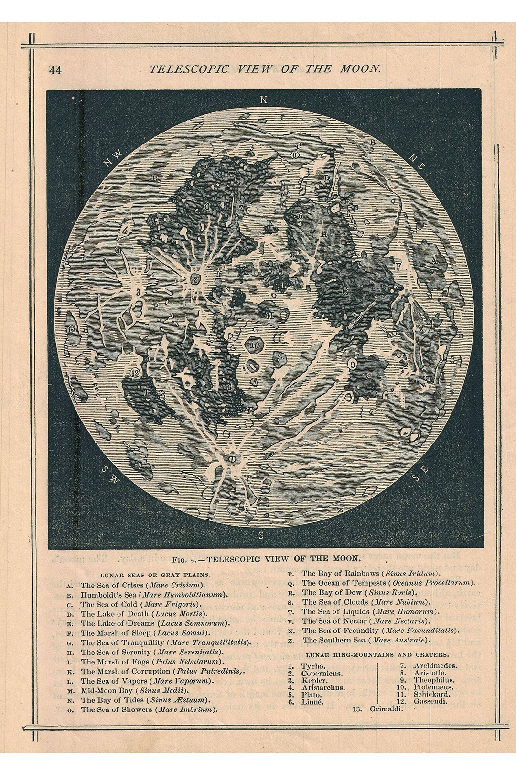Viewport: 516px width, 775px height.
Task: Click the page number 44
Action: click(x=55, y=70)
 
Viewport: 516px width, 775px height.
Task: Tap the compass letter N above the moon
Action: click(x=262, y=100)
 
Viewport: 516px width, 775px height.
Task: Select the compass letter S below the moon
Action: click(x=261, y=534)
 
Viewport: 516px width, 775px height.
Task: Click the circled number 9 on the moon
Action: click(x=353, y=365)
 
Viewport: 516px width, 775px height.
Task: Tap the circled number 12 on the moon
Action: click(x=135, y=372)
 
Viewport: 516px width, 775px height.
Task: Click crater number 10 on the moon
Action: click(x=255, y=344)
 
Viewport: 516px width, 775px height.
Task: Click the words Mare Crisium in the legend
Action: click(x=176, y=585)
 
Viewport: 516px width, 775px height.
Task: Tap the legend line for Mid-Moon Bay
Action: click(x=135, y=690)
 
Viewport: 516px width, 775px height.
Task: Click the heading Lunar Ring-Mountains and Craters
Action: click(x=377, y=654)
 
